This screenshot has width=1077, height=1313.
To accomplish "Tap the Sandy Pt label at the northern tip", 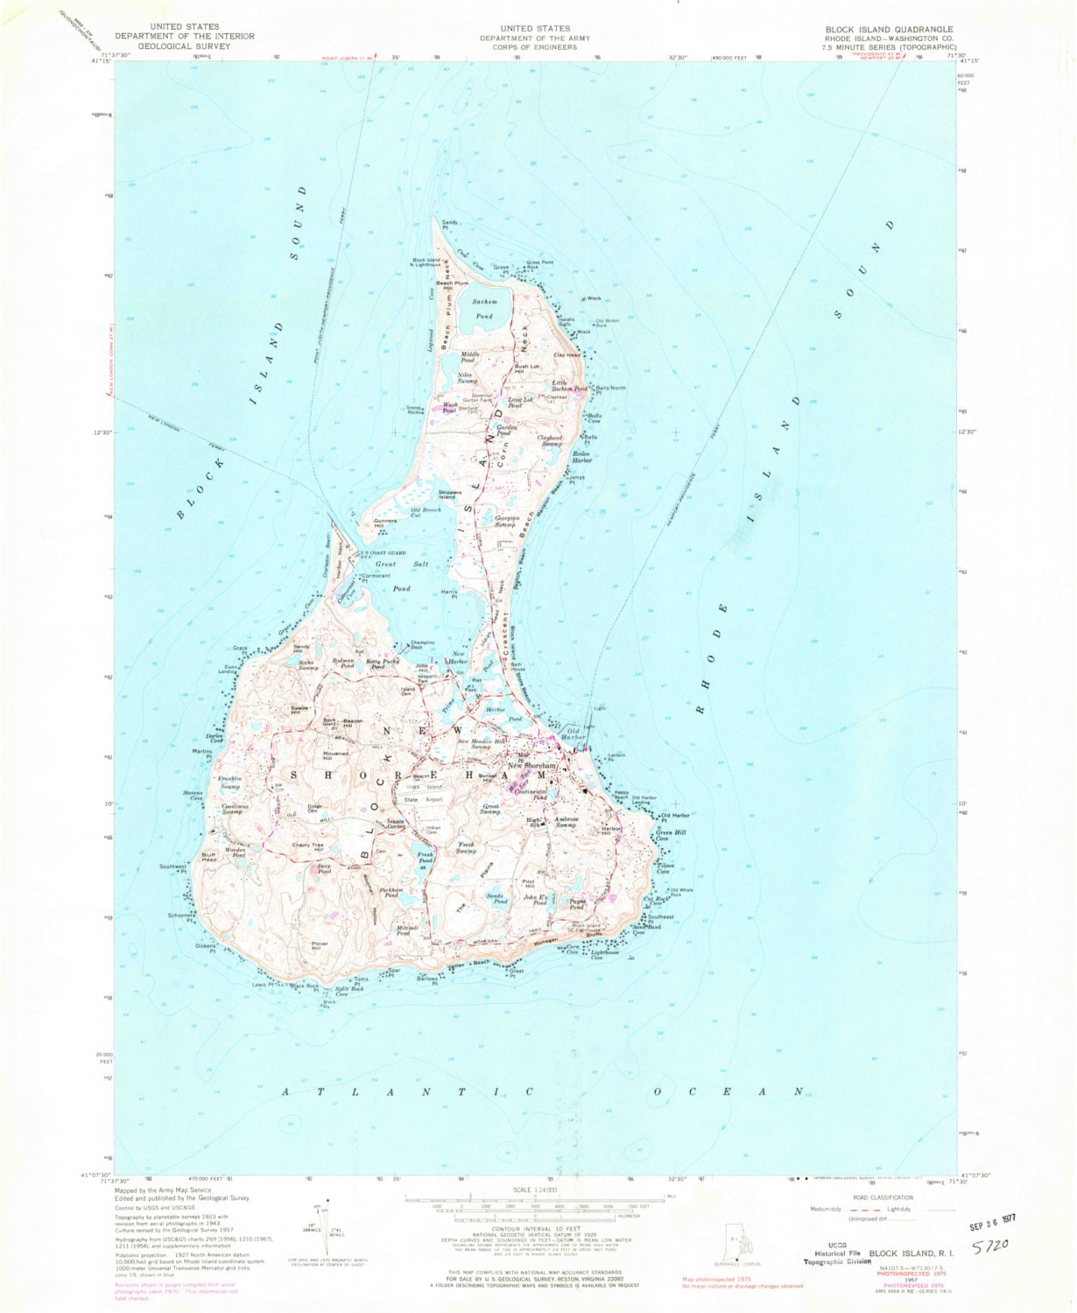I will tap(450, 225).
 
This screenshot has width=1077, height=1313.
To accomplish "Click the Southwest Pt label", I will tap(173, 868).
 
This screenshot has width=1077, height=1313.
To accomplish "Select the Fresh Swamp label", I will tap(466, 848).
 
